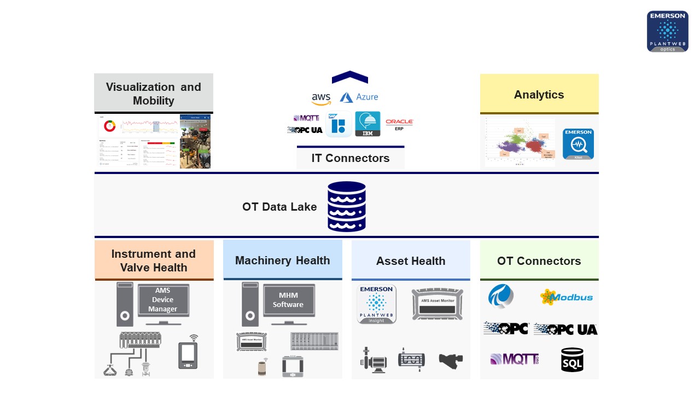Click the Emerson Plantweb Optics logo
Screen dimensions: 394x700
[x=667, y=31]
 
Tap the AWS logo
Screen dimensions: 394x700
[x=321, y=99]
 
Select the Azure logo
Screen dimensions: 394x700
[x=359, y=97]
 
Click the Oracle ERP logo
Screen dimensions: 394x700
[x=399, y=124]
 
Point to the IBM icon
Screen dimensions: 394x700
[x=367, y=124]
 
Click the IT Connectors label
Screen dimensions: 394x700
[x=351, y=158]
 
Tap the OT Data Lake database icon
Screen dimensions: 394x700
[x=347, y=206]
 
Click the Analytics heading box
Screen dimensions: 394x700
[x=539, y=94]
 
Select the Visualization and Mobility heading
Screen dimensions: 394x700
[x=153, y=94]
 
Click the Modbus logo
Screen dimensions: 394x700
[x=566, y=297]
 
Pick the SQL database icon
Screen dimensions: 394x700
[x=572, y=360]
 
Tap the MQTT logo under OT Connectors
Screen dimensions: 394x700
[x=514, y=359]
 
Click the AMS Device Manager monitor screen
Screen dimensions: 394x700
[x=163, y=300]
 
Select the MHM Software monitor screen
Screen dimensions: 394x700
[x=288, y=299]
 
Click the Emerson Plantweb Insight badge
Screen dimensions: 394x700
[x=376, y=304]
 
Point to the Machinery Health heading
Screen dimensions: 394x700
[x=282, y=260]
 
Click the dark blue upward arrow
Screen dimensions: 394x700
[x=349, y=77]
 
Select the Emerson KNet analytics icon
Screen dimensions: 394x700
[x=578, y=144]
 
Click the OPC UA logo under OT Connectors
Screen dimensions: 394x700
[x=565, y=329]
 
